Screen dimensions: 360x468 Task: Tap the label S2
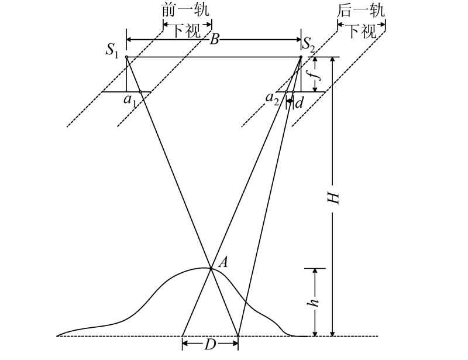[x=309, y=43]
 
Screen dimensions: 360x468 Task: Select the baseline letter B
[x=215, y=40]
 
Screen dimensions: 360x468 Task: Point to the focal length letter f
[x=316, y=74]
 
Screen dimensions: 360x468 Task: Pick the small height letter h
[x=315, y=302]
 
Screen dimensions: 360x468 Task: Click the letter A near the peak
[x=222, y=263]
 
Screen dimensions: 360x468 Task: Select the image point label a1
[x=129, y=100]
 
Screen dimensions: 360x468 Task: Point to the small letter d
[x=299, y=103]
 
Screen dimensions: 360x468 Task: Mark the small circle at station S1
[x=126, y=57]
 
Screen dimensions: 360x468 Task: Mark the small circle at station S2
[x=301, y=57]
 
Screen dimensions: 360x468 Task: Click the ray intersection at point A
[x=211, y=268]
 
